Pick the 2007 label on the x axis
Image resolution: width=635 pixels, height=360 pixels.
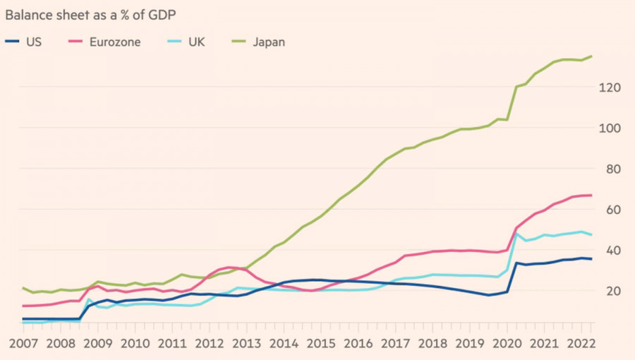(23, 343)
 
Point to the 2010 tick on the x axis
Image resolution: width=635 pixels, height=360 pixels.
(135, 343)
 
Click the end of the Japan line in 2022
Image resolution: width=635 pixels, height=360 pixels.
(591, 56)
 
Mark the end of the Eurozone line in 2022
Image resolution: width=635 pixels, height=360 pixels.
(591, 195)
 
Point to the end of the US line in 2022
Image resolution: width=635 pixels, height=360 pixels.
(591, 259)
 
